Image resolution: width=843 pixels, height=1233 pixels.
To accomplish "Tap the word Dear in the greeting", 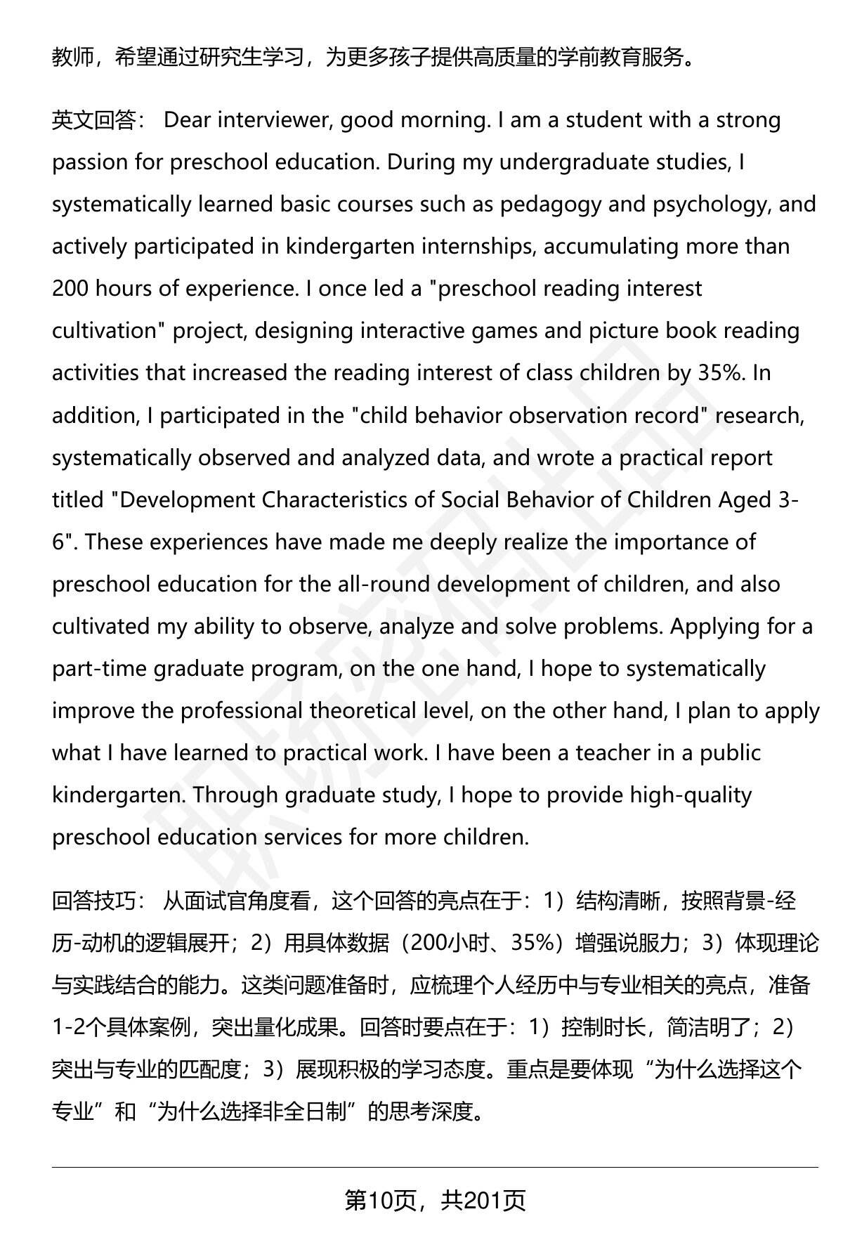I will (187, 120).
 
